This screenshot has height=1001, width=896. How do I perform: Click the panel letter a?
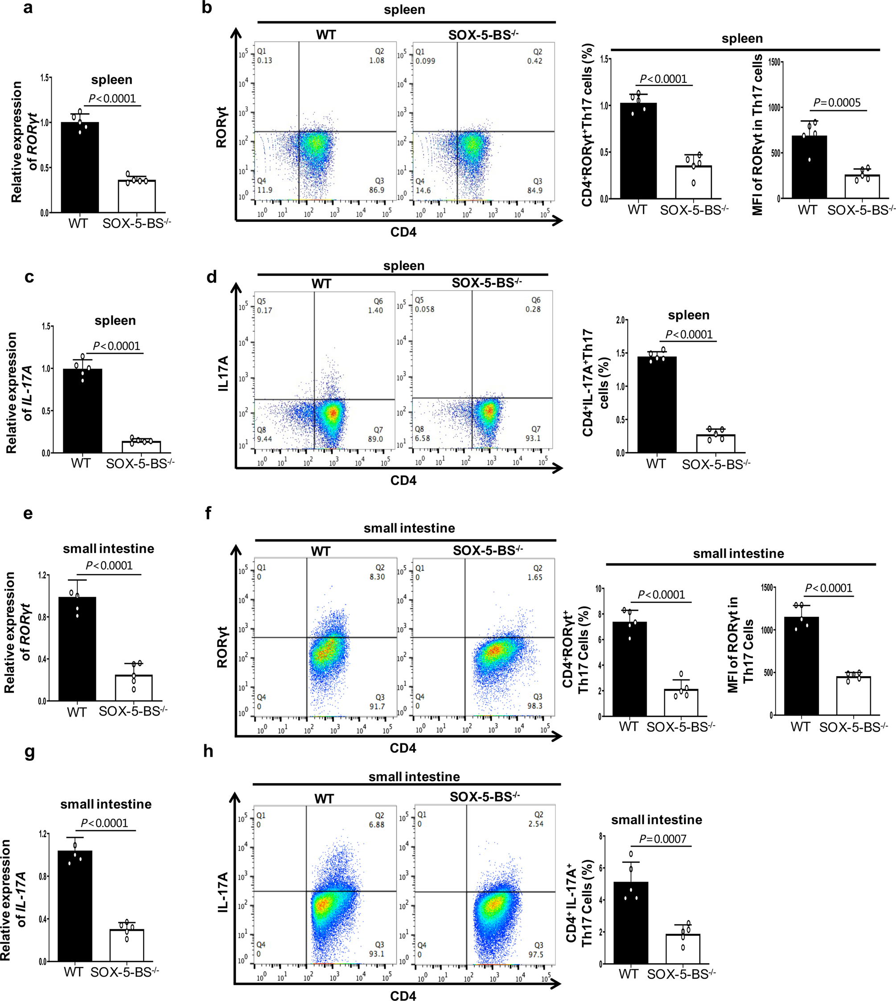28,8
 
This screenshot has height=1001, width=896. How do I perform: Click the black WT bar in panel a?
80,167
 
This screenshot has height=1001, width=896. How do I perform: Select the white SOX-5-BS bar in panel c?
141,447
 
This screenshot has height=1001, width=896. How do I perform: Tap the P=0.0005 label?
837,103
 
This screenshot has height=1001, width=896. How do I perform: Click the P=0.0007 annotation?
663,839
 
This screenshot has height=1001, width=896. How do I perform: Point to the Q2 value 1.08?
377,61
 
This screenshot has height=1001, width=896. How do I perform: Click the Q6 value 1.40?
375,311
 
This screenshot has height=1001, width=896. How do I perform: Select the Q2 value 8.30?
377,577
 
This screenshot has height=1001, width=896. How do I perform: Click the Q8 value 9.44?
264,439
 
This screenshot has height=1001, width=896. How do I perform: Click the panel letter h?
208,751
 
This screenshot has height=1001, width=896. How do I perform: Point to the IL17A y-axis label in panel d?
223,373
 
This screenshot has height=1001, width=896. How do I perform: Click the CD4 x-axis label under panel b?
403,232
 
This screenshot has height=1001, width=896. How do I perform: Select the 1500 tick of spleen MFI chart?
774,62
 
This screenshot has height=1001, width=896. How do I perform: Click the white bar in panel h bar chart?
682,949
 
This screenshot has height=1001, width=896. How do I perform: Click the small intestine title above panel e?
108,549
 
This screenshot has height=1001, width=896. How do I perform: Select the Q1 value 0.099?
425,61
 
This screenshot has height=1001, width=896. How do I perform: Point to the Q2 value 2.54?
536,824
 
